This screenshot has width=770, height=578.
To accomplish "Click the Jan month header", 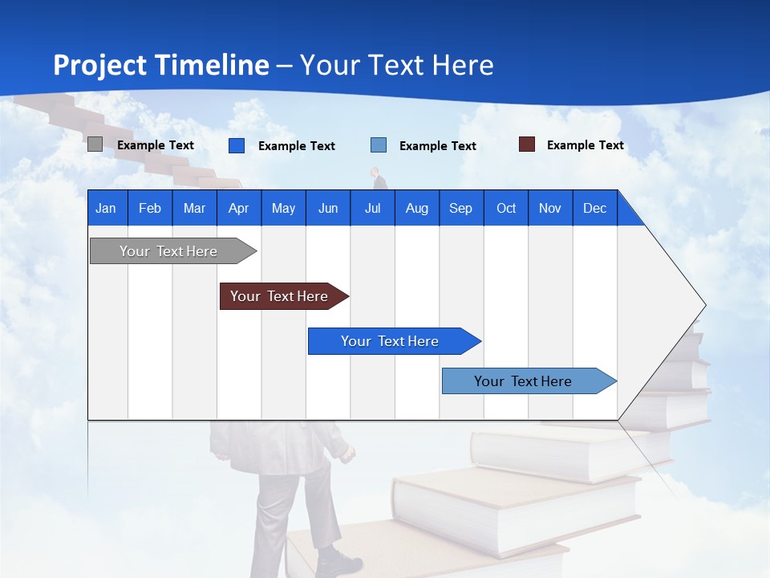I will pyautogui.click(x=106, y=208).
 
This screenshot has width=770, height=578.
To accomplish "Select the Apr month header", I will pyautogui.click(x=239, y=208).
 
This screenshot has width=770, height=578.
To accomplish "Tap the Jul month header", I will pyautogui.click(x=372, y=208).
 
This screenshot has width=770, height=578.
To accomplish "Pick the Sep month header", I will pyautogui.click(x=460, y=208).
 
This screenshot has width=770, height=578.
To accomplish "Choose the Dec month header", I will pyautogui.click(x=594, y=208).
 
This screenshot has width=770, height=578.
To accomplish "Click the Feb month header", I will pyautogui.click(x=150, y=208).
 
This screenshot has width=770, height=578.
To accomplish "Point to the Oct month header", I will pyautogui.click(x=506, y=208).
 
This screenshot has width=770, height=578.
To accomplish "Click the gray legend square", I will pyautogui.click(x=95, y=144).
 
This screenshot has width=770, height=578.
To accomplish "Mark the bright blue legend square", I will pyautogui.click(x=237, y=145).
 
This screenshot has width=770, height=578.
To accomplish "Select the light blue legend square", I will pyautogui.click(x=379, y=145).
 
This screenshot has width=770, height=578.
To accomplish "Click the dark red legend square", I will pyautogui.click(x=527, y=144).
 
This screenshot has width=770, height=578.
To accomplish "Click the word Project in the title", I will pyautogui.click(x=99, y=66).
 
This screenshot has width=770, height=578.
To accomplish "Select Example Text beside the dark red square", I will pyautogui.click(x=585, y=145).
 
